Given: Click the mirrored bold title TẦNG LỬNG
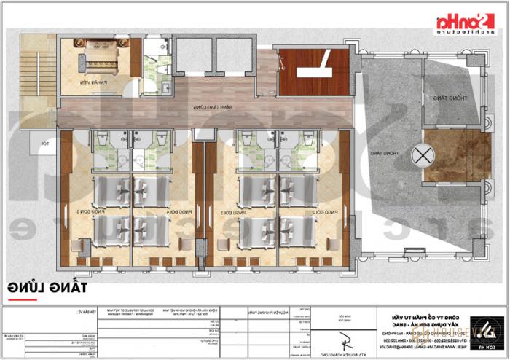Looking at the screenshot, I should pyautogui.click(x=58, y=288).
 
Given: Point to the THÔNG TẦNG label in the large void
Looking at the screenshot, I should pyautogui.click(x=377, y=153).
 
